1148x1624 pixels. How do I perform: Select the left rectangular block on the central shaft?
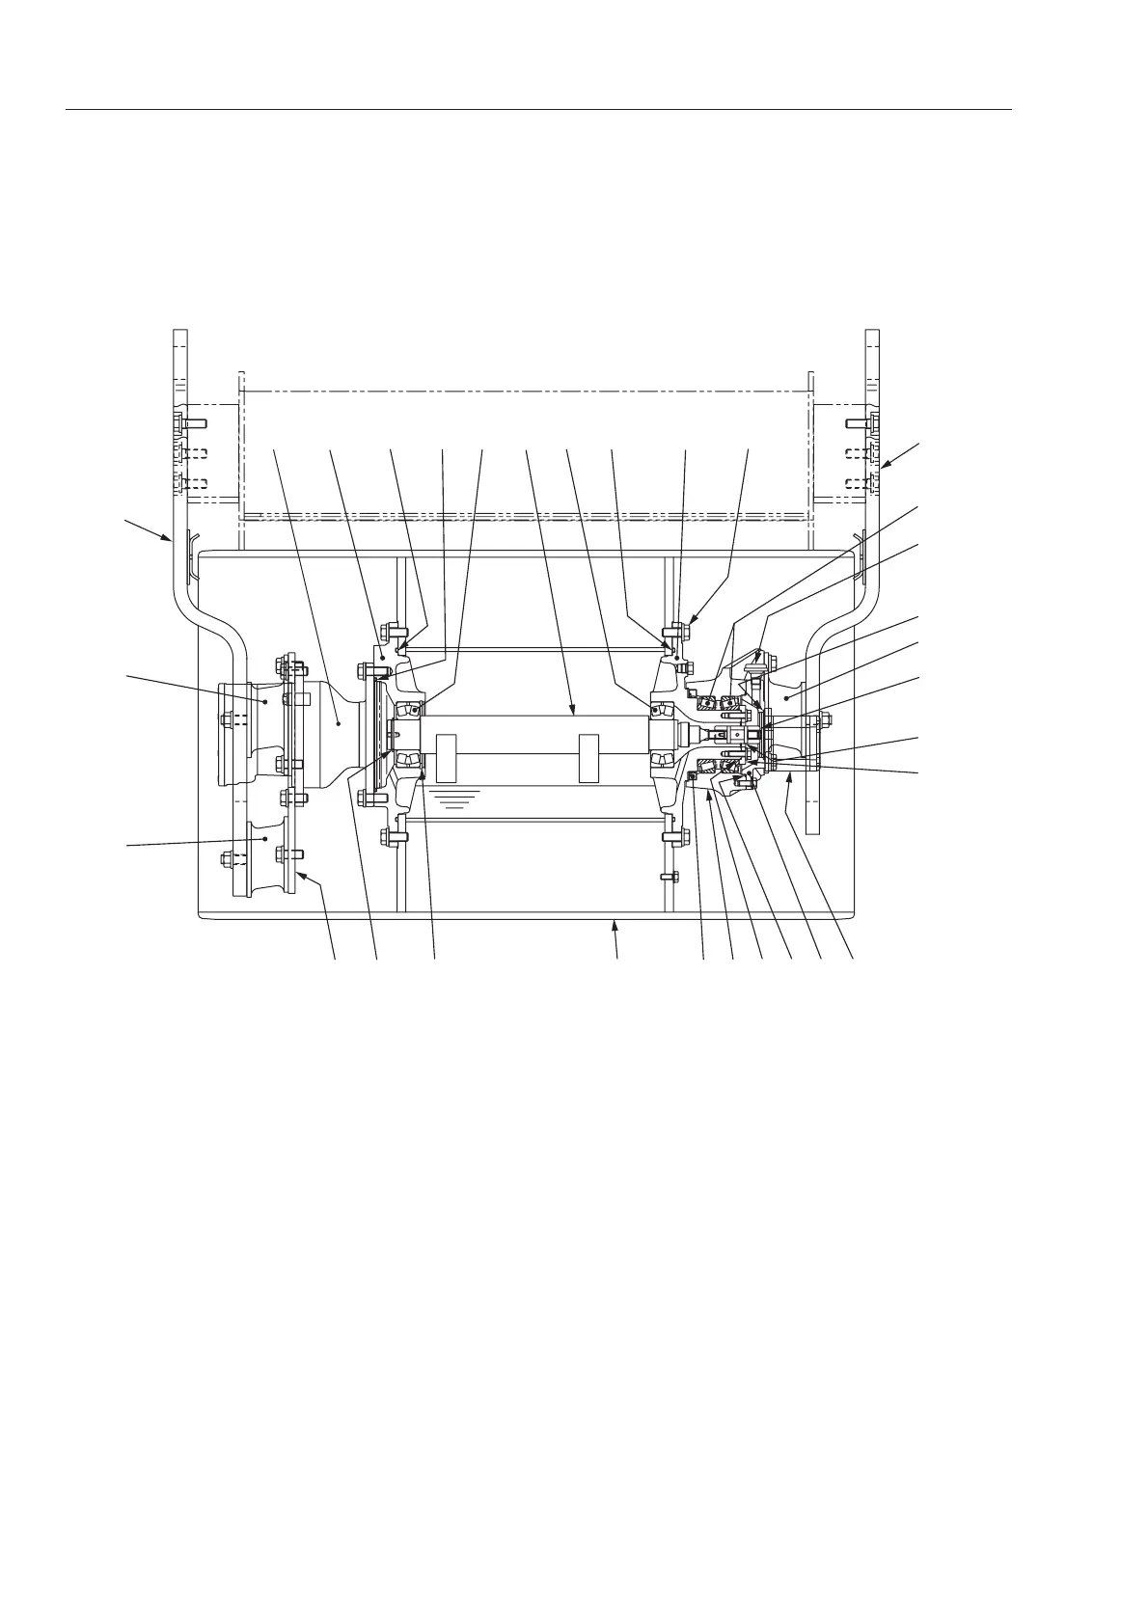[x=446, y=757]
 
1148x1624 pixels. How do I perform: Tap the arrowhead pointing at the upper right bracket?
[x=884, y=468]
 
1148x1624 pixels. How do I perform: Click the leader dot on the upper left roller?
[x=266, y=704]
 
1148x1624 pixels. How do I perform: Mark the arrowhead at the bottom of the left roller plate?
[x=300, y=875]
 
